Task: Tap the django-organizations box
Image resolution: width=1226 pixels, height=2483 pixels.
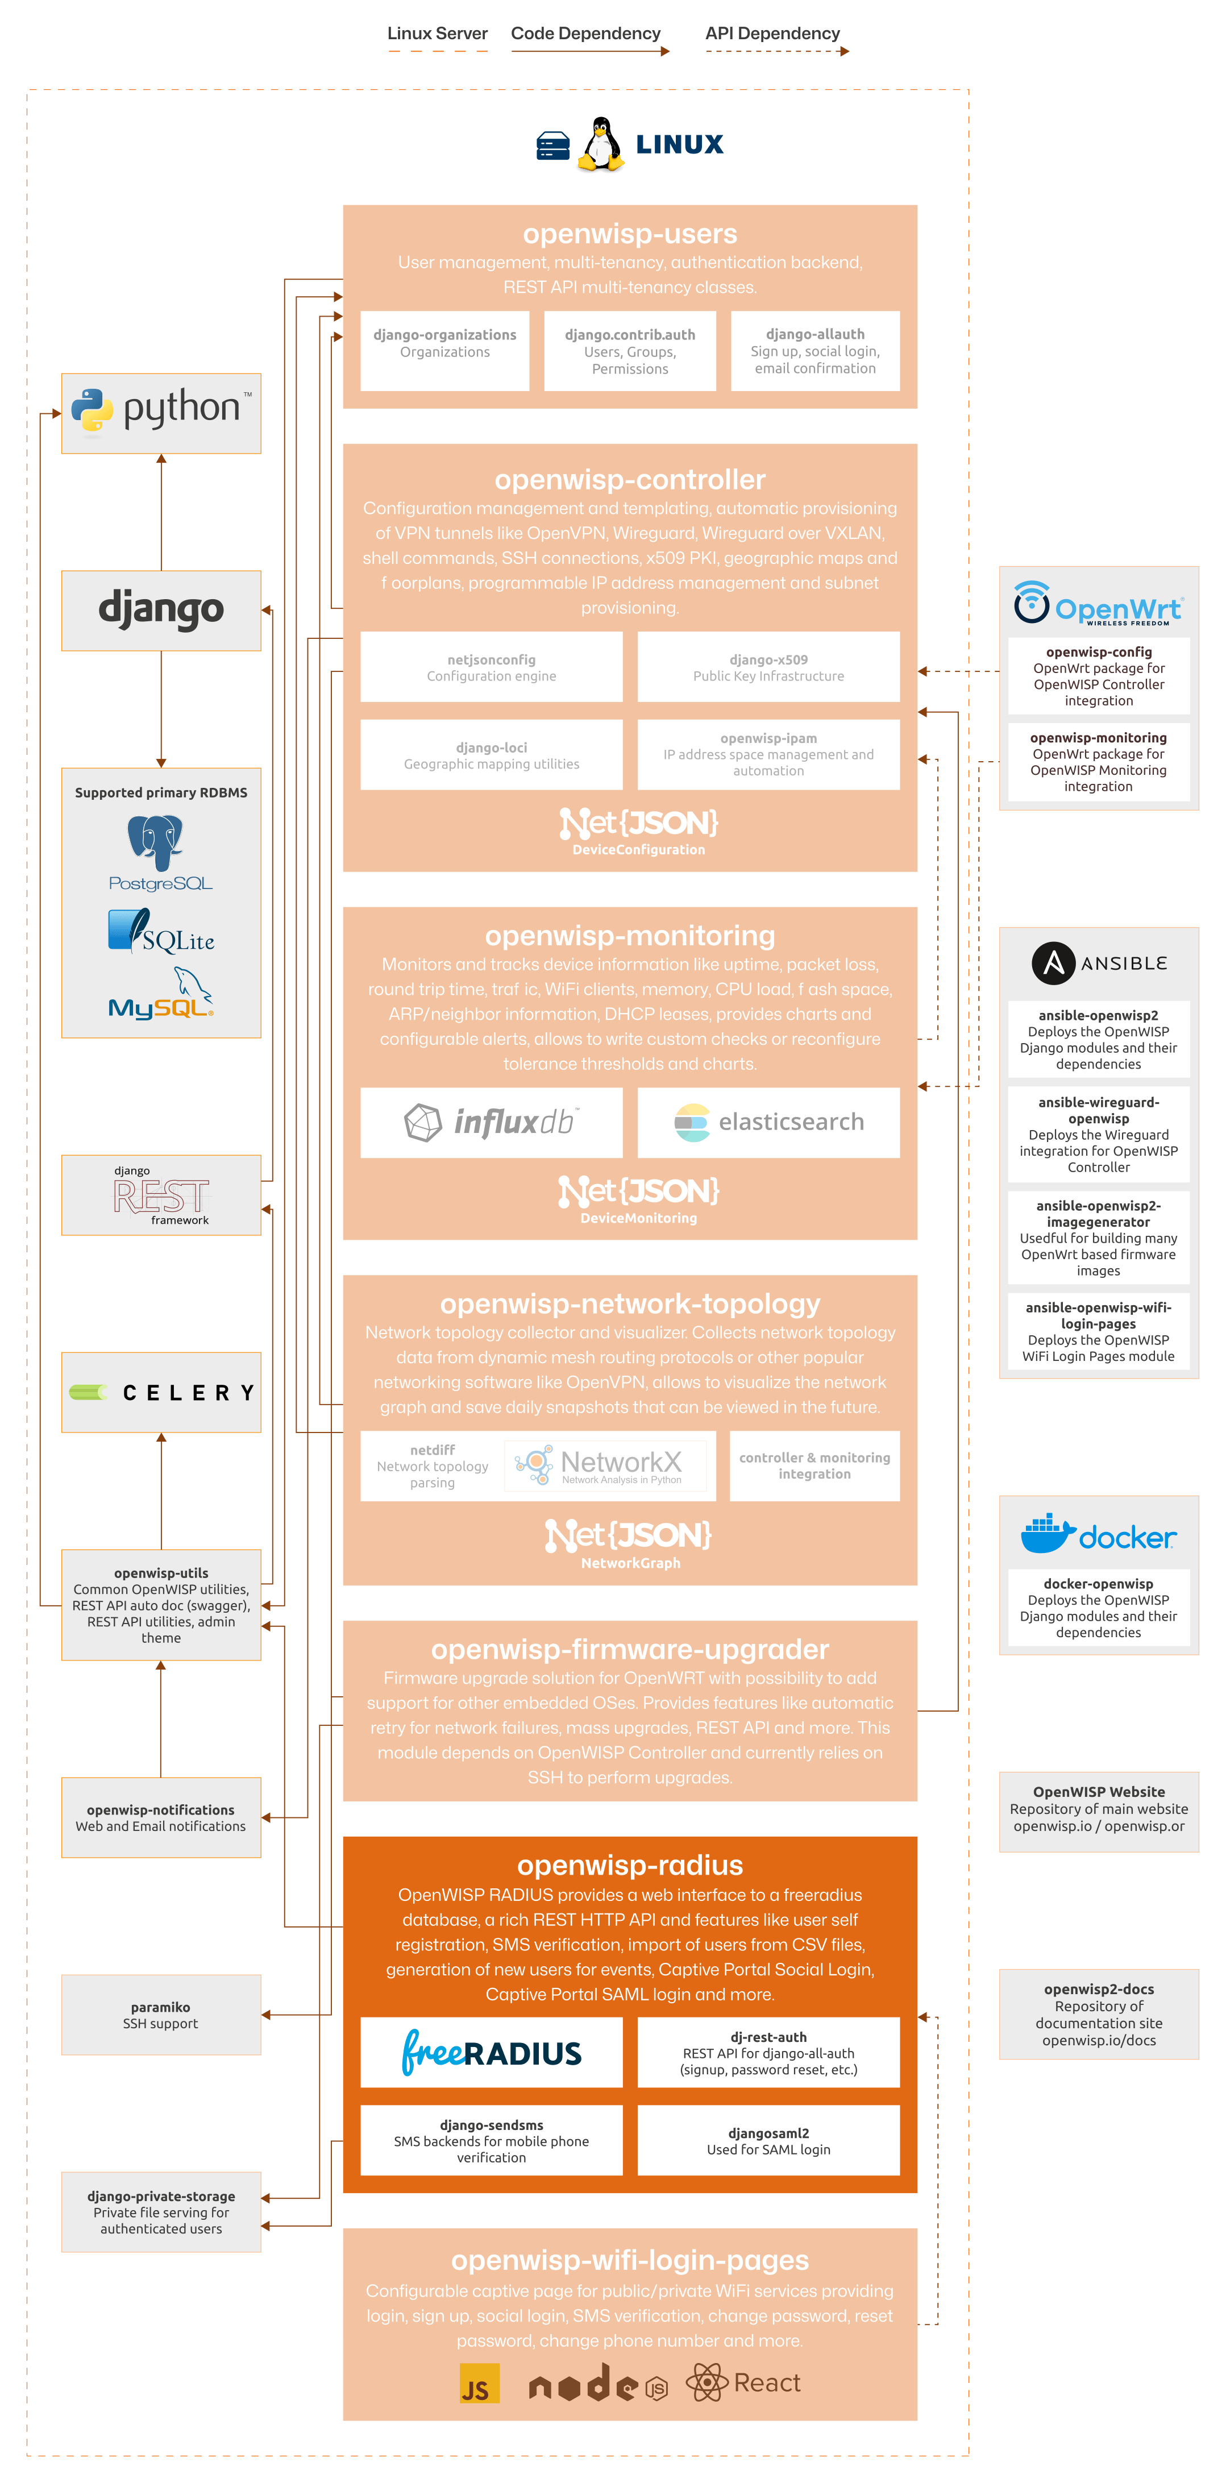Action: (444, 351)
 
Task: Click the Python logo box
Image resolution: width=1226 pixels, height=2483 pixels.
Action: (161, 413)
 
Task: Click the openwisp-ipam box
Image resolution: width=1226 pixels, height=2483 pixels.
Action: (768, 754)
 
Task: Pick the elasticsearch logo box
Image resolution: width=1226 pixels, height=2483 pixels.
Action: (768, 1122)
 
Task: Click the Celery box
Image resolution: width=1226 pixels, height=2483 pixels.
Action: (161, 1392)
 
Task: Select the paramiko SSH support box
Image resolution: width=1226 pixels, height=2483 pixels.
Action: (161, 2015)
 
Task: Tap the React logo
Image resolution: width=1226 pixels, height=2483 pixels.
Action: (743, 2383)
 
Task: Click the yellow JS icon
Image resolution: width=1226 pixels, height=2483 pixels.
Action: (479, 2383)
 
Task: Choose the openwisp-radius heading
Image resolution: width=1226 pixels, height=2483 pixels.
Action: (629, 1865)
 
